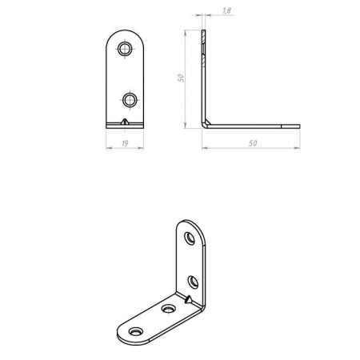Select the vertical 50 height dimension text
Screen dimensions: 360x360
[182, 78]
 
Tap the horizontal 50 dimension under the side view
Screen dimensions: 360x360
[252, 142]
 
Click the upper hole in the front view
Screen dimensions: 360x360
[124, 50]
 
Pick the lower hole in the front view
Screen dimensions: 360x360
[128, 99]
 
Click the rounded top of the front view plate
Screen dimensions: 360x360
[124, 35]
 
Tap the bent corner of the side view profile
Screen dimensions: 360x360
[204, 123]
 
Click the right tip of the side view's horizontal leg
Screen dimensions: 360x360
[298, 125]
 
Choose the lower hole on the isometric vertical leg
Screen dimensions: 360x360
[193, 280]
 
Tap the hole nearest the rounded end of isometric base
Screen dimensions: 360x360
[135, 330]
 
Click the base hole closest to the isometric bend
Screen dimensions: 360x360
[168, 308]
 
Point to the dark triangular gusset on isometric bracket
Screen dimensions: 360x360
[187, 300]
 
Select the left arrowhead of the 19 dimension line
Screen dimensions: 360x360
[108, 149]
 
